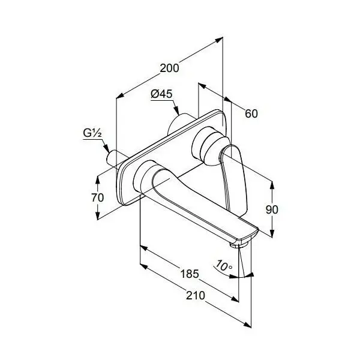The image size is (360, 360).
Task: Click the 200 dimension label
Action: (x=169, y=68)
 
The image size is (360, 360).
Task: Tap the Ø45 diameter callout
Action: (x=161, y=94)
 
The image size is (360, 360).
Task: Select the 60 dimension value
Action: (x=251, y=113)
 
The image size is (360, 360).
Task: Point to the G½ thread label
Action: (x=92, y=133)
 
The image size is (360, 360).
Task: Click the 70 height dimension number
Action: (x=98, y=197)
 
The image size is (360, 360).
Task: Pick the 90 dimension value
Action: (x=272, y=209)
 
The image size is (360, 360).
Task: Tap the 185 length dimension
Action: (x=190, y=274)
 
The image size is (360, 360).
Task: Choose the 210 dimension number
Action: (x=196, y=295)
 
